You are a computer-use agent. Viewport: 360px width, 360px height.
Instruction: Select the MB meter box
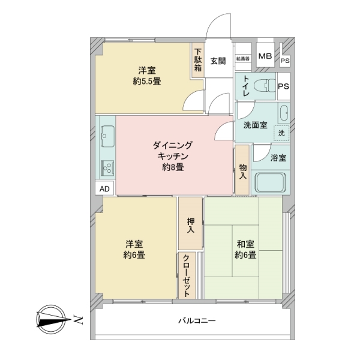click(265, 57)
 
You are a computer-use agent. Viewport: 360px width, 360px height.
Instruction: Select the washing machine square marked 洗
click(281, 133)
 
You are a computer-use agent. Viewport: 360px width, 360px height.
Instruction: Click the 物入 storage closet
click(242, 171)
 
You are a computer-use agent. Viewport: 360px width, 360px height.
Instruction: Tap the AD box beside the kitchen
click(104, 188)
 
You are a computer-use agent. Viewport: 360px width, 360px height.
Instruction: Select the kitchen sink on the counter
click(108, 137)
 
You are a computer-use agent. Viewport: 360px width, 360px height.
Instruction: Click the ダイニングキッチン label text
click(173, 156)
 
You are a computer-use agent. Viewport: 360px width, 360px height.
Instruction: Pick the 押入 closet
click(191, 224)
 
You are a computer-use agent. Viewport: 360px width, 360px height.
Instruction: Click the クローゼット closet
click(187, 277)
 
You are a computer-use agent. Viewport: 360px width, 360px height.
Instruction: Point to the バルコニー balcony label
click(197, 321)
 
